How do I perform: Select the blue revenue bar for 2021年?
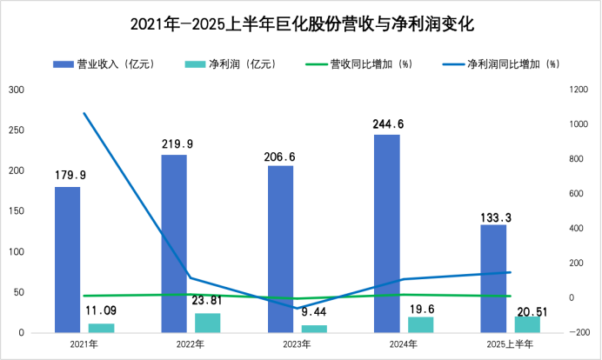click(x=68, y=259)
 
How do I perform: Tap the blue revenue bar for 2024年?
click(x=387, y=233)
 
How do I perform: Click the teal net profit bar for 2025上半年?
click(x=527, y=323)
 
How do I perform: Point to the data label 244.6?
click(x=388, y=123)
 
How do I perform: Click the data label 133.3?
click(x=493, y=214)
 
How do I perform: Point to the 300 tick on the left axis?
click(x=17, y=90)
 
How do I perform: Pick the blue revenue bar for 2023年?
click(x=280, y=249)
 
